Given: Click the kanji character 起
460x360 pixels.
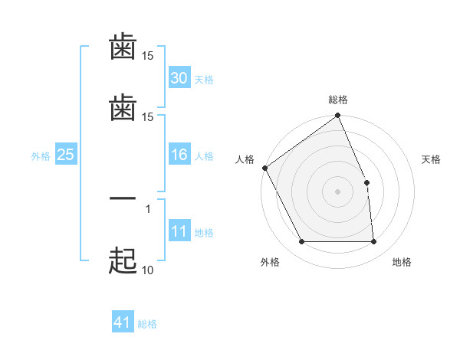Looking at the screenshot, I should point(123,261).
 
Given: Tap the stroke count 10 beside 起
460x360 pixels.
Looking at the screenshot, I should point(147,270).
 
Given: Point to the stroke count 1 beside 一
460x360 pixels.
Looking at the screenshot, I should point(148,208).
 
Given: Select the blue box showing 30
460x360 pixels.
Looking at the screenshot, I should point(179,78).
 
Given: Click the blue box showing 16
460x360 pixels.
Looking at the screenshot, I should point(179,155).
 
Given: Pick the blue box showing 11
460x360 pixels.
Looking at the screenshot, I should point(179,232).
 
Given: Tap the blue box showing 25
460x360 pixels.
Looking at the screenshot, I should point(66,155).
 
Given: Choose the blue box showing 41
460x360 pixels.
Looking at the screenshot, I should point(123,323).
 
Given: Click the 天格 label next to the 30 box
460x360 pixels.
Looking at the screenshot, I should point(204,80).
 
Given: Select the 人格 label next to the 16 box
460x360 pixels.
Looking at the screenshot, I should point(204,156).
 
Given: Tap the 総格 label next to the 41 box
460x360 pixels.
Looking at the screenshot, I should point(147,324).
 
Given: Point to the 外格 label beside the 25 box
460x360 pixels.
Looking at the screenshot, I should point(41,156).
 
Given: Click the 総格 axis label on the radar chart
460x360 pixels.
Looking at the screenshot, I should point(338,100).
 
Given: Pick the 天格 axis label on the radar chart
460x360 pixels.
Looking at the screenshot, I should point(432,159).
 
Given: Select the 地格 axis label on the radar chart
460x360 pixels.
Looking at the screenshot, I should point(402,262).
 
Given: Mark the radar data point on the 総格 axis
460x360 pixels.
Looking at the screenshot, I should point(337,116).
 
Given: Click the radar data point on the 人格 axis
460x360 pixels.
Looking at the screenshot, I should point(264,168).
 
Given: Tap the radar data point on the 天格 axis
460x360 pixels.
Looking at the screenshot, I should point(366,182).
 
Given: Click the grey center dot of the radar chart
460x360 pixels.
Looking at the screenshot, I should point(337,191).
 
